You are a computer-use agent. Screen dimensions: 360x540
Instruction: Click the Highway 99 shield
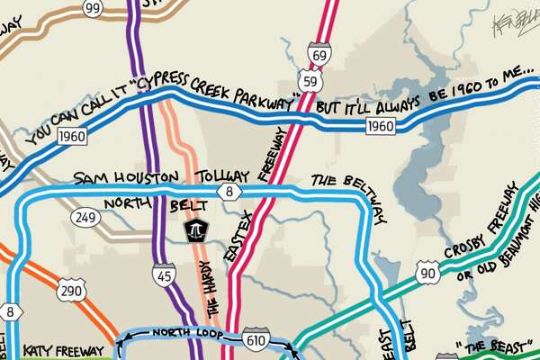point(90,8)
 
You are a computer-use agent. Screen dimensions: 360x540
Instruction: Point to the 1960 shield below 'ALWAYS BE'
point(381,126)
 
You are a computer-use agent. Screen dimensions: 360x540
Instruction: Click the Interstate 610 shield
point(254,339)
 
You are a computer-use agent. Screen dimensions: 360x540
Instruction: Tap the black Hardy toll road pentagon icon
point(194,229)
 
